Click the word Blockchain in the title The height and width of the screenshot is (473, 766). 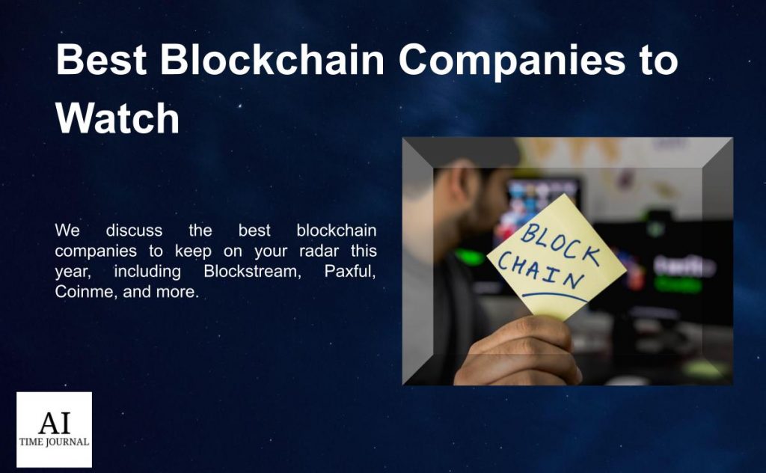pyautogui.click(x=272, y=59)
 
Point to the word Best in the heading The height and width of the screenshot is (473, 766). pyautogui.click(x=101, y=59)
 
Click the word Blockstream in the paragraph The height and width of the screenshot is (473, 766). pyautogui.click(x=252, y=271)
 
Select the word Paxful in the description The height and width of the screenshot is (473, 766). pyautogui.click(x=350, y=271)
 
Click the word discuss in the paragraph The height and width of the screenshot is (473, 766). pyautogui.click(x=134, y=230)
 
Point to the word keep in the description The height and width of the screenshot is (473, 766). pyautogui.click(x=193, y=251)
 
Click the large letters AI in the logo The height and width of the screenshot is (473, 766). pyautogui.click(x=54, y=423)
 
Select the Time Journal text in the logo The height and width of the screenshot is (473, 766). pyautogui.click(x=54, y=442)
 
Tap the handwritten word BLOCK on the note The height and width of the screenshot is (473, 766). pyautogui.click(x=560, y=242)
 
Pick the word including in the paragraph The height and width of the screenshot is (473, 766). pyautogui.click(x=147, y=271)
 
